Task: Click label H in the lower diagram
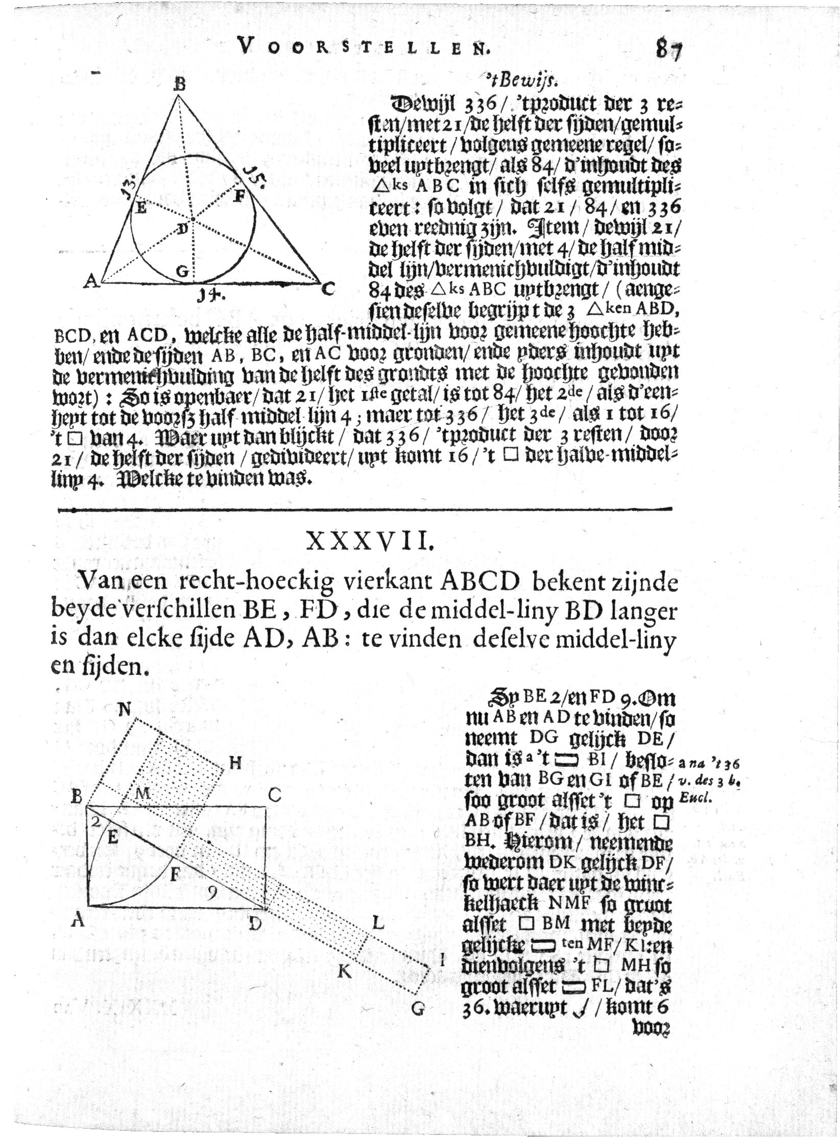click(234, 764)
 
